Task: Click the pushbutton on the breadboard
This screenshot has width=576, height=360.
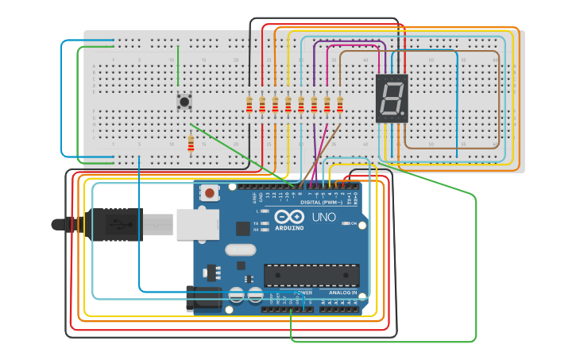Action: pyautogui.click(x=184, y=102)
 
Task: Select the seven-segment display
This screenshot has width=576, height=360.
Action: pyautogui.click(x=391, y=99)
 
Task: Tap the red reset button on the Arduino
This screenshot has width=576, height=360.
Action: pyautogui.click(x=210, y=192)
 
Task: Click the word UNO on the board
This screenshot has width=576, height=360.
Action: pyautogui.click(x=323, y=217)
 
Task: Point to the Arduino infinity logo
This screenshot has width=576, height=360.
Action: pyautogui.click(x=289, y=216)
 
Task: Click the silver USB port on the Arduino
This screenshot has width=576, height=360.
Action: pyautogui.click(x=197, y=224)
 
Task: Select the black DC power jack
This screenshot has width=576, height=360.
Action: pyautogui.click(x=203, y=297)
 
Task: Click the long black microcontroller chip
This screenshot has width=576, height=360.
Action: pyautogui.click(x=311, y=275)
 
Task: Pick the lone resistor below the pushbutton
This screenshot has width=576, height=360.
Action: pyautogui.click(x=191, y=143)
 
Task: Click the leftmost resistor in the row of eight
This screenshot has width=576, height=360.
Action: pyautogui.click(x=249, y=104)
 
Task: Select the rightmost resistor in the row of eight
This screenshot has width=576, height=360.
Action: pyautogui.click(x=340, y=104)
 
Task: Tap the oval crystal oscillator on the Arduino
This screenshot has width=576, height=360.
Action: pyautogui.click(x=240, y=250)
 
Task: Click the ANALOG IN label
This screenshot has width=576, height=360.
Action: pyautogui.click(x=342, y=292)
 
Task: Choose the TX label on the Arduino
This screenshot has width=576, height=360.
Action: pyautogui.click(x=256, y=223)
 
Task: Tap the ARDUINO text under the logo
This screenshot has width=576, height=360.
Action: pyautogui.click(x=289, y=227)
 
